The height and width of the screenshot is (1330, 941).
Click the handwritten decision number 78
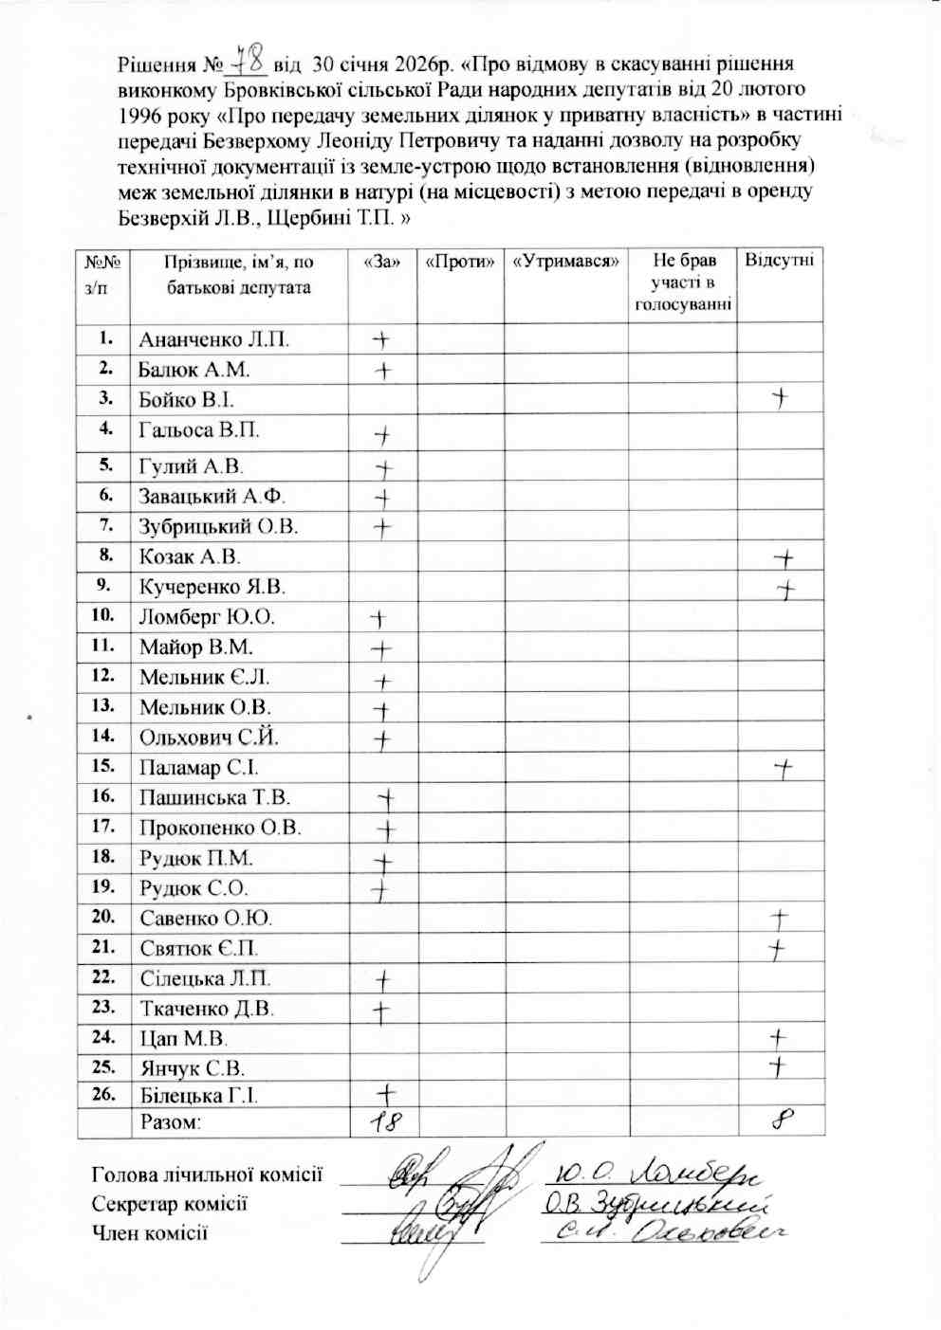[244, 64]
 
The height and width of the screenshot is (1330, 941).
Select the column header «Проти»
[460, 262]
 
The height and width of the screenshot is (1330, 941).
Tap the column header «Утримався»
[565, 262]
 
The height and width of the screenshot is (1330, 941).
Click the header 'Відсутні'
[780, 261]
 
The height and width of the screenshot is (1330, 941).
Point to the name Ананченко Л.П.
[214, 339]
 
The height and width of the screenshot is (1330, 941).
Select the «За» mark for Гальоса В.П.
[381, 435]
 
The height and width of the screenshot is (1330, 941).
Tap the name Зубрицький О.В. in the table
[218, 526]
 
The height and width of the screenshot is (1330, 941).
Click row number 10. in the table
[102, 615]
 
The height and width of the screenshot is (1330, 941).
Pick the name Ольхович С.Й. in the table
[209, 738]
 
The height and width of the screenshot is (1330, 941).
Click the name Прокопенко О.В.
[220, 828]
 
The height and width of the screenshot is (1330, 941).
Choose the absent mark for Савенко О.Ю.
[781, 918]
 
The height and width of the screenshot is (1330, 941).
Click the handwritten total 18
[378, 1122]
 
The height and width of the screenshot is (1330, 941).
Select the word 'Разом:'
[171, 1123]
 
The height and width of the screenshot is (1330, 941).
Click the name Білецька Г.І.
[198, 1096]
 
